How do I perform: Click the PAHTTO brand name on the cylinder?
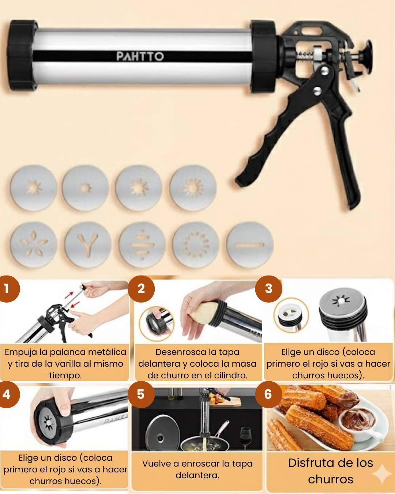140,56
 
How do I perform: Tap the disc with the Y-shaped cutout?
88,245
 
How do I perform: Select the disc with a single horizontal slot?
250,245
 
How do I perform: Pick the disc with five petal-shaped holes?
34,245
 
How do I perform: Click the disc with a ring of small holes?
196,245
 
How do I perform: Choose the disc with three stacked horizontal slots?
142,245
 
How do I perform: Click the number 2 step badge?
141,289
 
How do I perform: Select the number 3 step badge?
268,289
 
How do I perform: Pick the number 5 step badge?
141,394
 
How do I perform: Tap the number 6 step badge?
268,394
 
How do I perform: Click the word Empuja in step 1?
20,352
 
